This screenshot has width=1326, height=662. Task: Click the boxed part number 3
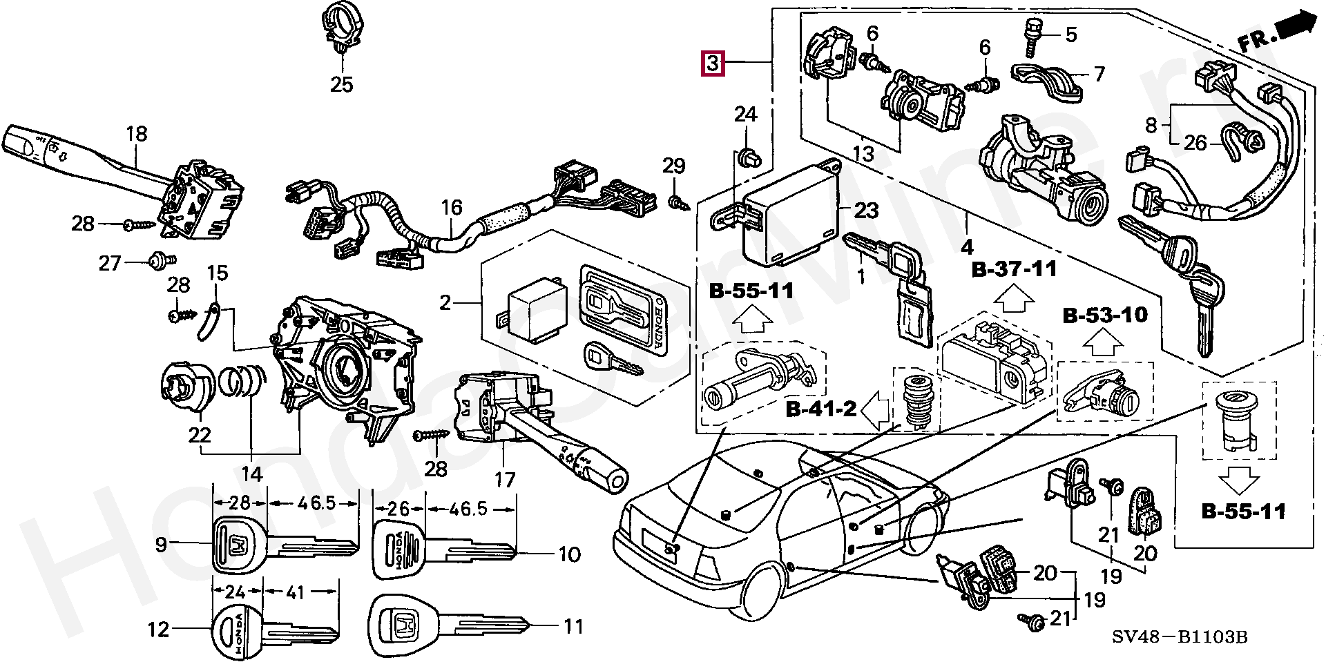click(x=713, y=63)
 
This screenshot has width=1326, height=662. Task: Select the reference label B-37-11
click(x=1014, y=269)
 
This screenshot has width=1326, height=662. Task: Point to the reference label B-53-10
click(x=1105, y=315)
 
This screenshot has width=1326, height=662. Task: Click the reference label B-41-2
click(x=821, y=409)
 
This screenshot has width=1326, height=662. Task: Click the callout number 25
click(x=341, y=85)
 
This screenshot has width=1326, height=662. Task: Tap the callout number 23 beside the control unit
click(x=866, y=210)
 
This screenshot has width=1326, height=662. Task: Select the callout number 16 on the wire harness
click(x=451, y=207)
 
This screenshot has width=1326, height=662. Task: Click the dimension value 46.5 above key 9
click(x=316, y=503)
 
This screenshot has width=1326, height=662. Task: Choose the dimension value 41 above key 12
click(x=295, y=592)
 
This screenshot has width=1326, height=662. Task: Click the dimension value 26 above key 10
click(x=398, y=509)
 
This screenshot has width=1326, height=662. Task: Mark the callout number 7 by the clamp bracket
click(x=1099, y=73)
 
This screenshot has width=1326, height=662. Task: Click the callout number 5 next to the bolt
click(x=1070, y=34)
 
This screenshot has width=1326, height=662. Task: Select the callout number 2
click(x=445, y=302)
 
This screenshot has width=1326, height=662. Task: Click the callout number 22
click(x=200, y=435)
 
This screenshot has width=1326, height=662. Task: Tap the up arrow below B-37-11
click(x=1014, y=301)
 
